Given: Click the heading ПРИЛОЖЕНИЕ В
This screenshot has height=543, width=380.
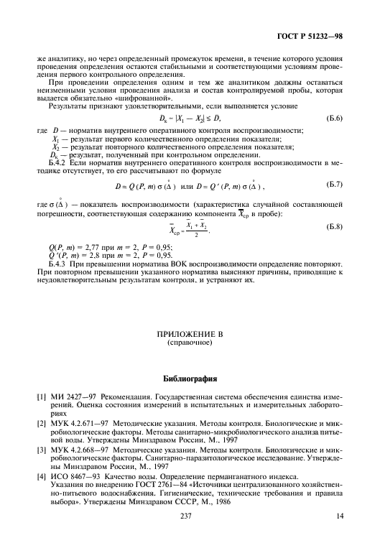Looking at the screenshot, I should click(190, 334).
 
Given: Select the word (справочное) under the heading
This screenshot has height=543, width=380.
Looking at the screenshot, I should click(190, 343).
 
